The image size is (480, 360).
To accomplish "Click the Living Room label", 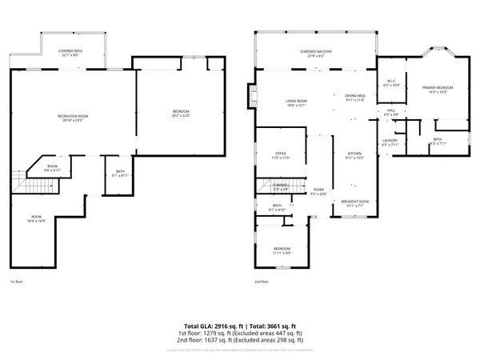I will (297, 102).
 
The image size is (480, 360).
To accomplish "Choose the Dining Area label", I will (354, 97).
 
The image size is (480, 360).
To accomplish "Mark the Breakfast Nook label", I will (354, 203).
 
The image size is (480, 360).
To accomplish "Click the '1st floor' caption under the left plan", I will (17, 282).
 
